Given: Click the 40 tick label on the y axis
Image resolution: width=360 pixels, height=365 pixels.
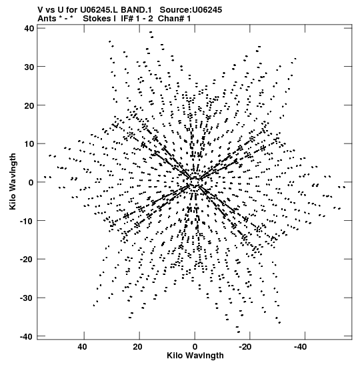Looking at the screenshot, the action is [x=29, y=29].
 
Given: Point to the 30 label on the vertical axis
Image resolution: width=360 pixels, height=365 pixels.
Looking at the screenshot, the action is [x=29, y=67].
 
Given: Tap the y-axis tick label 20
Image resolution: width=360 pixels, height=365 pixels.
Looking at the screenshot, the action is [x=29, y=105].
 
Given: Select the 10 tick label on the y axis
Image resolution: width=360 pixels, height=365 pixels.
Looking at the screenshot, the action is [x=29, y=144].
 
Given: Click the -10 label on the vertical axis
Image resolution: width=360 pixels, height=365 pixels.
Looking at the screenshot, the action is [x=27, y=221].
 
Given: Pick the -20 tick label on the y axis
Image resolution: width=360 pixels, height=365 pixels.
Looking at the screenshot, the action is [x=27, y=260].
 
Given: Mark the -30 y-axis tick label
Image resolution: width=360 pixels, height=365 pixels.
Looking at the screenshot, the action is [x=27, y=298].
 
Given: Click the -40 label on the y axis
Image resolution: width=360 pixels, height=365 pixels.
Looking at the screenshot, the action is [x=27, y=336].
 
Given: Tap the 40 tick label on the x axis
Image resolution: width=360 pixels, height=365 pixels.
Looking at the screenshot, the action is [x=83, y=347].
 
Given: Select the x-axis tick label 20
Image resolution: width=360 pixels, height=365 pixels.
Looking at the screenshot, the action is [x=138, y=347].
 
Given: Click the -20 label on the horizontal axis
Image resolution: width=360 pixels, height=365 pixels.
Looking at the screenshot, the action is [x=245, y=347].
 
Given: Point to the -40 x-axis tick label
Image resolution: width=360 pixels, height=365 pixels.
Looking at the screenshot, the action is [x=300, y=347].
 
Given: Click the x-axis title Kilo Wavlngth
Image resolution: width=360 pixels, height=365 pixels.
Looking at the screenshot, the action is [x=195, y=356].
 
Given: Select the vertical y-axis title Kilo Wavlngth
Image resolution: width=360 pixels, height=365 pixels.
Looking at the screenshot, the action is [x=13, y=181].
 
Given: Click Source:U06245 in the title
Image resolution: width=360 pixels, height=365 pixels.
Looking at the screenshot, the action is [x=191, y=10].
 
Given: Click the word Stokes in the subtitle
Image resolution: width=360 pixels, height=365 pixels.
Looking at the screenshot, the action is [x=97, y=19].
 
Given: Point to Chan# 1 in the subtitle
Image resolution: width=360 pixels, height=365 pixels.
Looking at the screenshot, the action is [x=174, y=19].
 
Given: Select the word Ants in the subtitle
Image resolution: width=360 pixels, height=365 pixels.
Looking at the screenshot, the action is [x=47, y=19].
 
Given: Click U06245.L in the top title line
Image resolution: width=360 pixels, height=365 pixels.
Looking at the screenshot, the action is [x=99, y=10].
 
